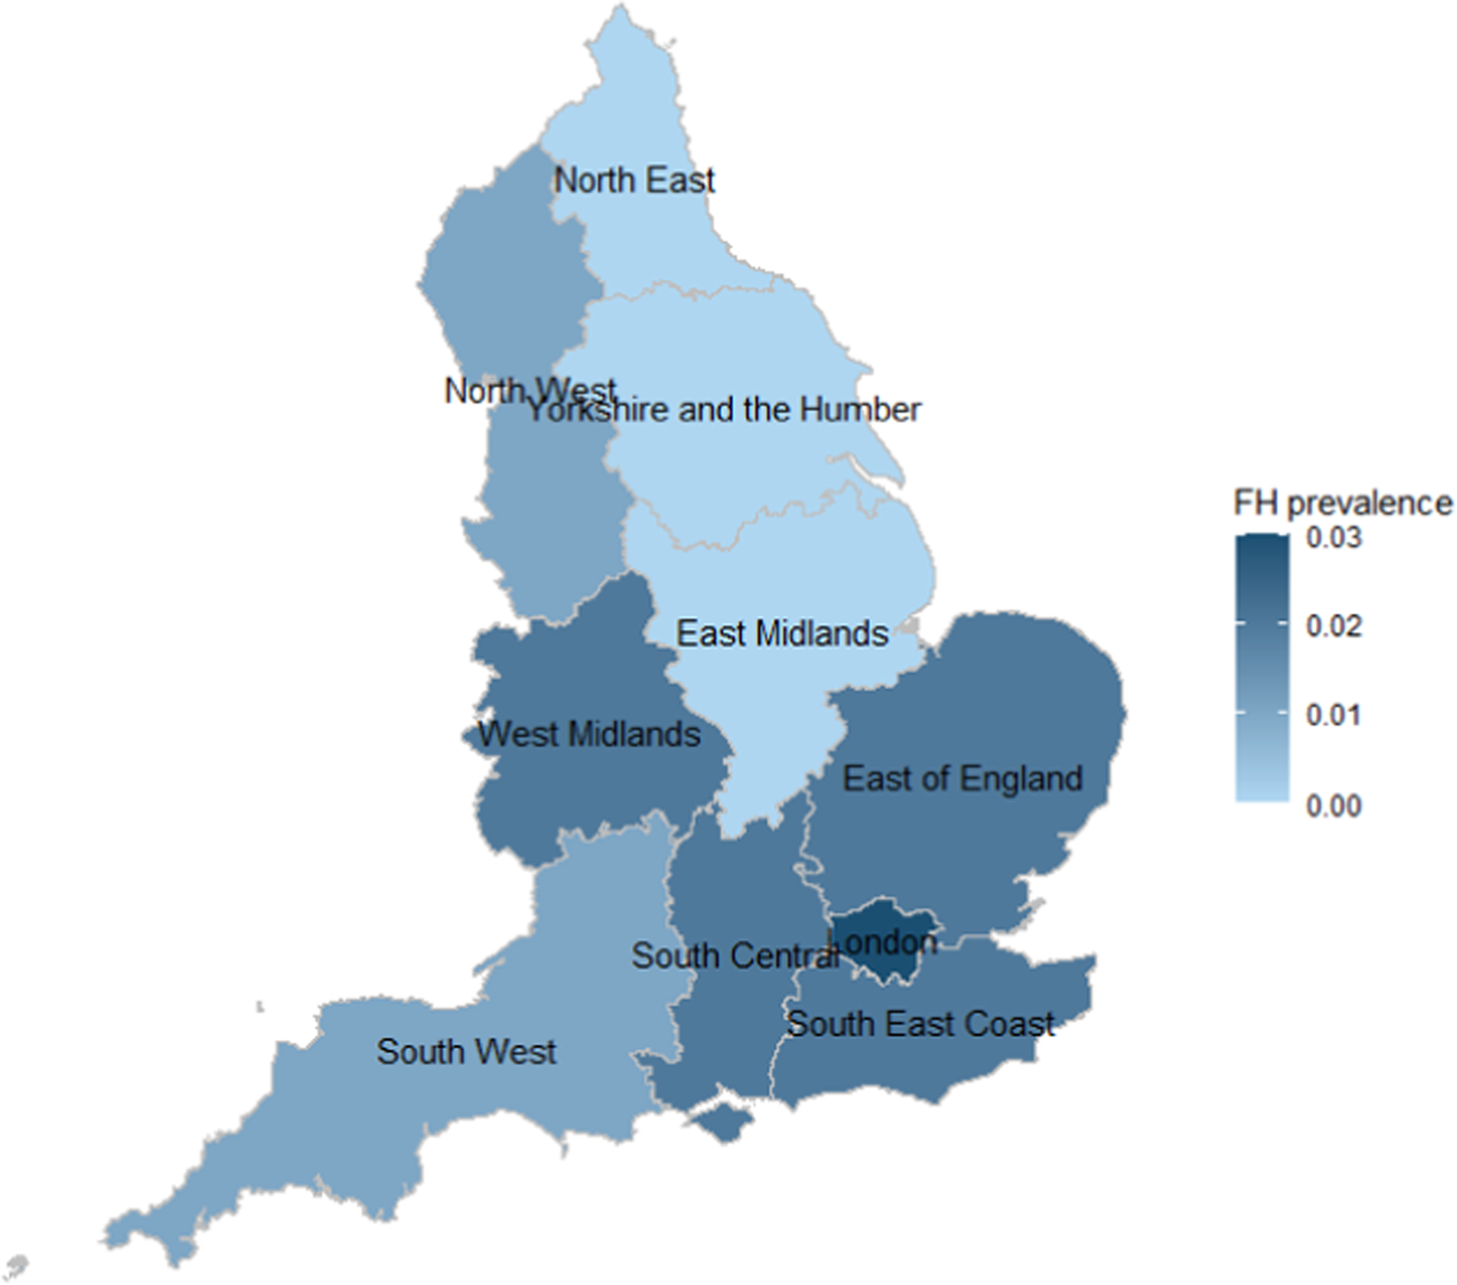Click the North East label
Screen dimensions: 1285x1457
point(634,180)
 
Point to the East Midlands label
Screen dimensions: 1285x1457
point(782,634)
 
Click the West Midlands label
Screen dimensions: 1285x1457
point(589,734)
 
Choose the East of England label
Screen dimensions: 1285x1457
point(962,779)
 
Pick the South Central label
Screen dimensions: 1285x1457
point(734,955)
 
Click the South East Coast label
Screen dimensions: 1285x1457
point(920,1024)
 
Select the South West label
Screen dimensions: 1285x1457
point(467,1052)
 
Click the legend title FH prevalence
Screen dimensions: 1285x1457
point(1342,503)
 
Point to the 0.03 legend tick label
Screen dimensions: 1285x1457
point(1334,538)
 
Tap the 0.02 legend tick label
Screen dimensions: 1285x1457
point(1334,626)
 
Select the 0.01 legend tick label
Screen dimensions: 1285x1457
point(1334,715)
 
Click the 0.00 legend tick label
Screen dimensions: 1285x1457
point(1334,805)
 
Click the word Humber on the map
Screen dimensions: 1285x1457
point(870,409)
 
